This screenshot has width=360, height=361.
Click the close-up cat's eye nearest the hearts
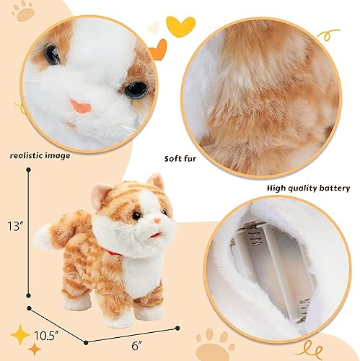135,89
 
